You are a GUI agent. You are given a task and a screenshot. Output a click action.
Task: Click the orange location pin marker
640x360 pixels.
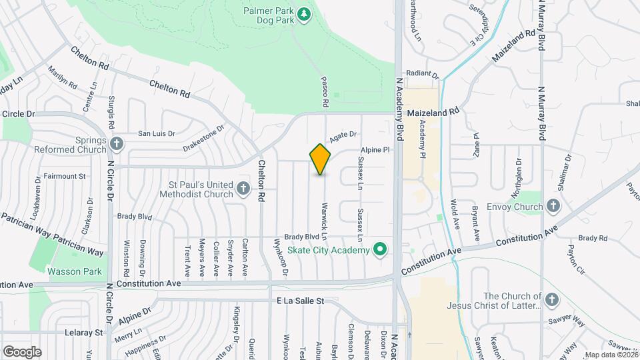[321, 159]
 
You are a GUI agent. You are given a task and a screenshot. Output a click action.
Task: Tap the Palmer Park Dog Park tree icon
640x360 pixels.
[304, 15]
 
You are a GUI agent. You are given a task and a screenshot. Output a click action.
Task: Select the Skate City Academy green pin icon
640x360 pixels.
[381, 250]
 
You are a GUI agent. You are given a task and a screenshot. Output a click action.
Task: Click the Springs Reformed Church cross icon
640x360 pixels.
[117, 143]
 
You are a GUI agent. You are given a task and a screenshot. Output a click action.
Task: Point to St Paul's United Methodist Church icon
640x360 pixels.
[243, 189]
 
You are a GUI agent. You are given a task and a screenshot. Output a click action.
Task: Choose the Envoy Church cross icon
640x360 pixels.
[552, 207]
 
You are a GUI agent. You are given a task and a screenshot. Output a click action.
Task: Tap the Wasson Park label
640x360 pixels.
[74, 271]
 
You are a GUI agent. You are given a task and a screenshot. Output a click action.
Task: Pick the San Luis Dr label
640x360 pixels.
[156, 133]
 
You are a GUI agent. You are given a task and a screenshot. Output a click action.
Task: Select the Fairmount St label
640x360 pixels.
[65, 177]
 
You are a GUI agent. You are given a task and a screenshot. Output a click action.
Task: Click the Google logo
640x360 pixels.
[22, 351]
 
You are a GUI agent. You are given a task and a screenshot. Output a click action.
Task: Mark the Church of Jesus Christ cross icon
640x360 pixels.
[551, 300]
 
